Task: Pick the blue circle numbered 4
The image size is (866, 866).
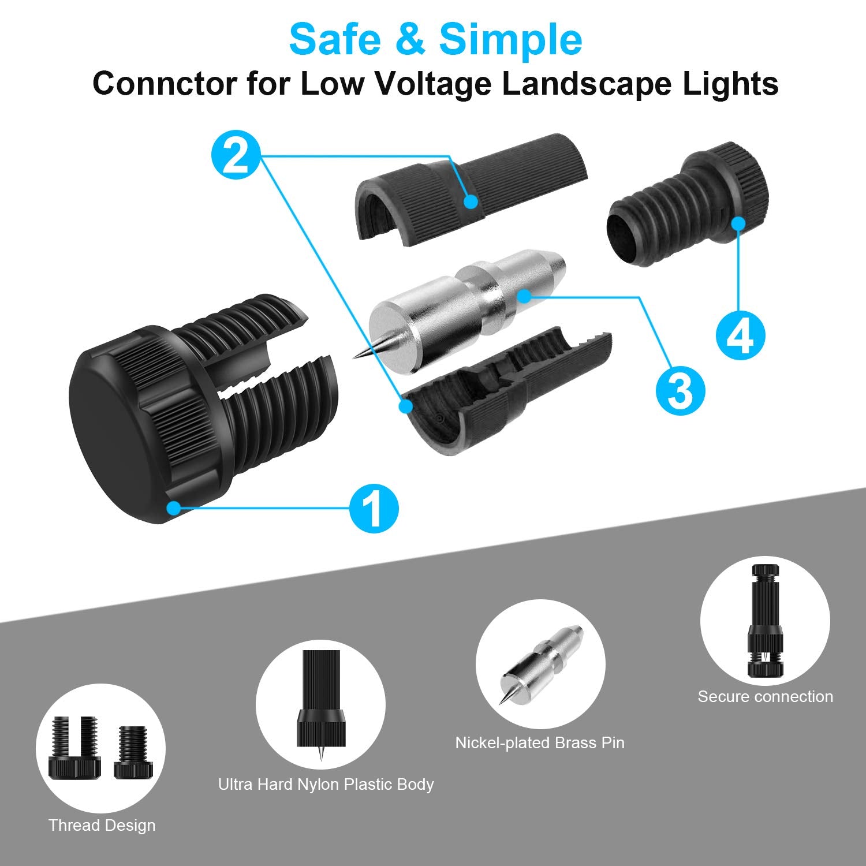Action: (741, 335)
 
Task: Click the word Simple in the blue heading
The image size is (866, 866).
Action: (510, 39)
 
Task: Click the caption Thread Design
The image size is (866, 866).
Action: (102, 826)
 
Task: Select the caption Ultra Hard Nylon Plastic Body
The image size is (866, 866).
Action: (326, 785)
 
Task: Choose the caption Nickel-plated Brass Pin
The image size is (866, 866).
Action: (540, 742)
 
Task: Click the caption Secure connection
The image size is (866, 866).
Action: (765, 696)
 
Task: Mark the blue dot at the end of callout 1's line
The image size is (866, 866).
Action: (173, 507)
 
